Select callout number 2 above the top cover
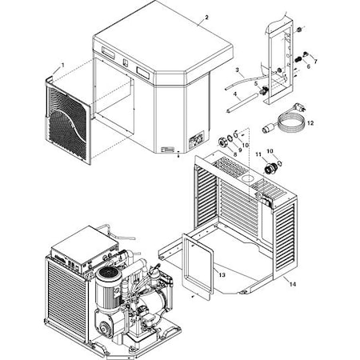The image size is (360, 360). click(x=206, y=18)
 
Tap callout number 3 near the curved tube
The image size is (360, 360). click(x=238, y=70)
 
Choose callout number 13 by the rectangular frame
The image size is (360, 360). click(x=222, y=274)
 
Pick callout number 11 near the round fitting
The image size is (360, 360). click(x=258, y=151)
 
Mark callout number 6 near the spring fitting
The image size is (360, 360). click(x=306, y=66)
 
